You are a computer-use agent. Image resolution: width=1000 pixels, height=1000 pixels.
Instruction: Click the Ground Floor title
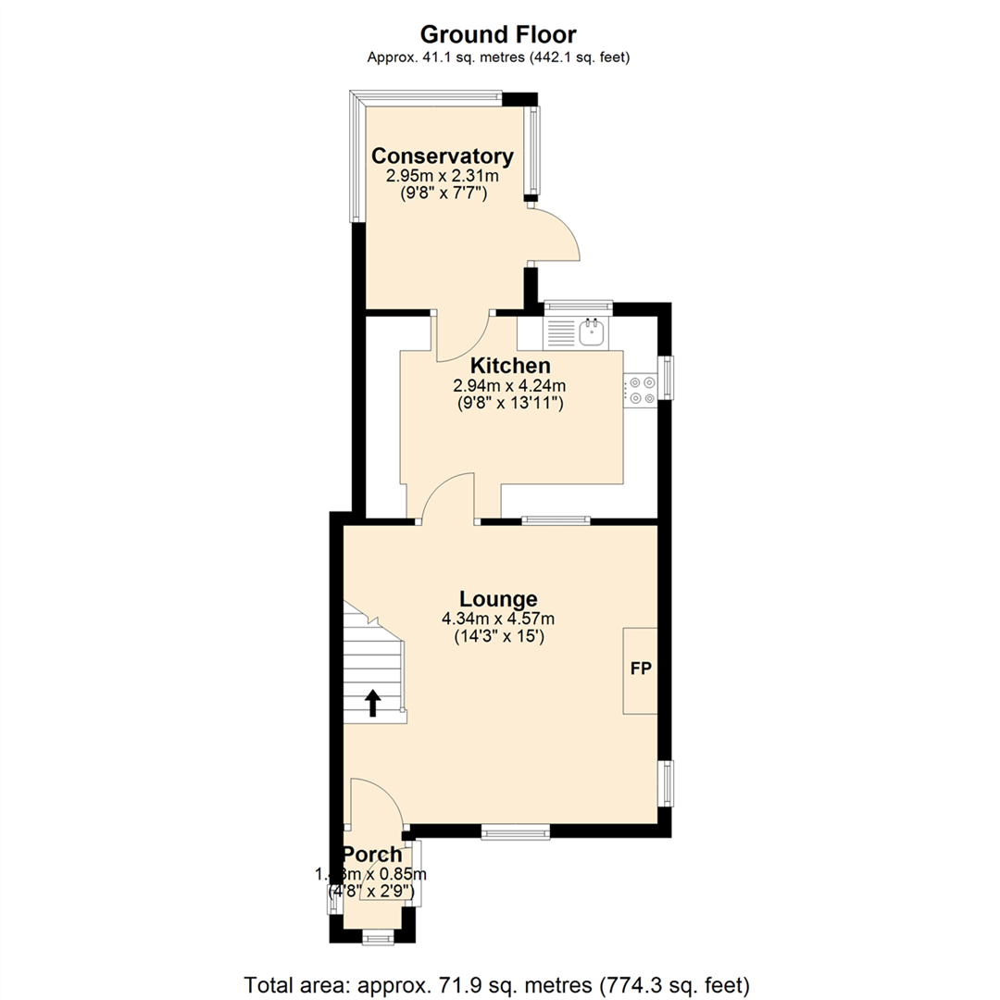498,35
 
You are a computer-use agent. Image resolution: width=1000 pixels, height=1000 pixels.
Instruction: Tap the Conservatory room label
442,155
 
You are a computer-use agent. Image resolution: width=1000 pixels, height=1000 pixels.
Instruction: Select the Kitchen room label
510,366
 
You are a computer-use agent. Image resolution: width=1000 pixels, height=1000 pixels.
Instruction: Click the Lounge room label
498,598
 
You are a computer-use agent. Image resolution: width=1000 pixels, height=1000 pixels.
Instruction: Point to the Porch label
372,855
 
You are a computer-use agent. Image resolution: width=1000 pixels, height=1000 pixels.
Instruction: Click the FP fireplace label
640,669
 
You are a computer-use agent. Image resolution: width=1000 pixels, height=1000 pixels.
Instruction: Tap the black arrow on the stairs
372,703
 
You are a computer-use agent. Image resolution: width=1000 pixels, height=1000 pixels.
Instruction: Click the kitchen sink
590,331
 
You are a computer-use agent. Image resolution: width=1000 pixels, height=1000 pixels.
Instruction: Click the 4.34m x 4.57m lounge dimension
498,619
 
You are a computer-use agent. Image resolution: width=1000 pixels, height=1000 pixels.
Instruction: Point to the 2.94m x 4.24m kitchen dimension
510,385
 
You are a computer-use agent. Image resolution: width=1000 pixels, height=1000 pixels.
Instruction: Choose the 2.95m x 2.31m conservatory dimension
442,175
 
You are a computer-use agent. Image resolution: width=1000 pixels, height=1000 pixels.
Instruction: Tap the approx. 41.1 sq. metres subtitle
498,57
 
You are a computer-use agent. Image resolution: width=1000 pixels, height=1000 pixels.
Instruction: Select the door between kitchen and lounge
448,498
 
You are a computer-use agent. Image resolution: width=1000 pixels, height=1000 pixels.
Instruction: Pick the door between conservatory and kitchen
462,338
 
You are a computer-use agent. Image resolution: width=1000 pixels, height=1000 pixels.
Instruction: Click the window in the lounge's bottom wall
516,832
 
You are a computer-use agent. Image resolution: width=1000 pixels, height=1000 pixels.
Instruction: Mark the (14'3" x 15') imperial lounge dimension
498,636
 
